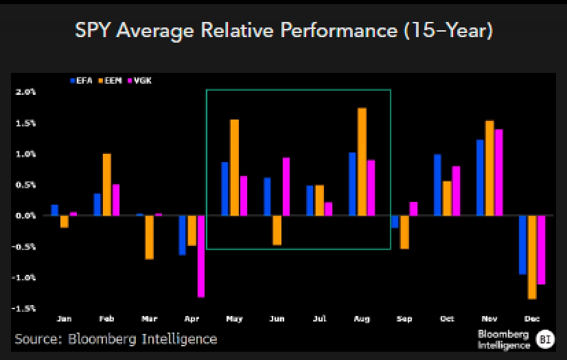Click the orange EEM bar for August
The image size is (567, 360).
click(x=362, y=161)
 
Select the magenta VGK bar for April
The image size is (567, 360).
click(x=200, y=256)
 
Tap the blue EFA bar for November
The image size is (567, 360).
click(x=480, y=177)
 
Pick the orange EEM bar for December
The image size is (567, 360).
click(x=532, y=257)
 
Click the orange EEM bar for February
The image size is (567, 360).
click(x=106, y=184)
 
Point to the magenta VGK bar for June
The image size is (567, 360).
click(x=286, y=186)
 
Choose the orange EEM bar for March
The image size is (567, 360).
click(x=149, y=237)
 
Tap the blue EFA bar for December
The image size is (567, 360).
click(x=522, y=245)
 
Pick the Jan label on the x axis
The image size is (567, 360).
click(x=64, y=319)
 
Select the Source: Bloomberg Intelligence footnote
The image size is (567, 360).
click(x=116, y=339)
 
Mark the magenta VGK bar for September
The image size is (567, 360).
click(x=413, y=209)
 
